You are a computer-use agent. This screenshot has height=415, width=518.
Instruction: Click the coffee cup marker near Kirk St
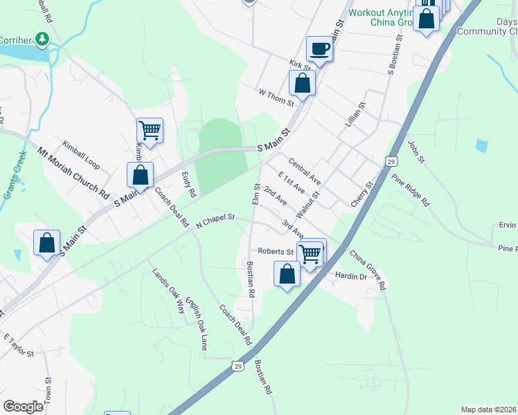click(319, 48)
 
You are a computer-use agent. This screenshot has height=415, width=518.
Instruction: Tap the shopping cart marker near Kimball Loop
click(150, 129)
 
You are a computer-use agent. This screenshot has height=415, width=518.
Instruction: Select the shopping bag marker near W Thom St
click(302, 83)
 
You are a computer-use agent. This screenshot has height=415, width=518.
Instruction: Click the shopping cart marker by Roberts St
click(311, 253)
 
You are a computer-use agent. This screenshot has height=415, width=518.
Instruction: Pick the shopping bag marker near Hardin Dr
click(287, 274)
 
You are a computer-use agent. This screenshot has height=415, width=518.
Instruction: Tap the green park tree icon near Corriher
click(43, 39)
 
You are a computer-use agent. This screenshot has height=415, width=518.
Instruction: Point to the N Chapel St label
click(215, 220)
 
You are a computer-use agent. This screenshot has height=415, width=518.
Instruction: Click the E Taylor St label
click(19, 345)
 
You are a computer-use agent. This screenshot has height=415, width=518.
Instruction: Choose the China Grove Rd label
click(368, 268)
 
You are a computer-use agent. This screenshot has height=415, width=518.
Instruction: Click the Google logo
click(23, 406)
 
